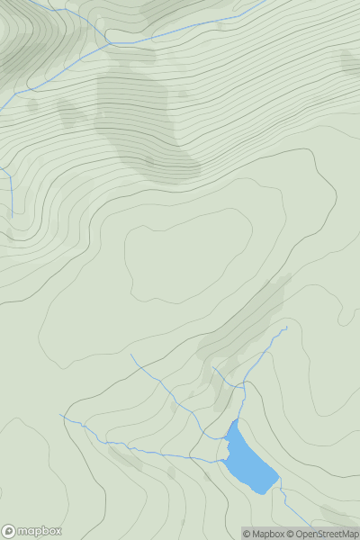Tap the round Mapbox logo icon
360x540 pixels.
pos(10,531)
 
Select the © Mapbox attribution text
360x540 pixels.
pos(263,534)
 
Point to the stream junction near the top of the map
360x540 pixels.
pos(109,43)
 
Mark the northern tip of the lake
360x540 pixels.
pos(236,420)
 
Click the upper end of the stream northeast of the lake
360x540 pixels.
pos(286,327)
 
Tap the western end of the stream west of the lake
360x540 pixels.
pos(61,416)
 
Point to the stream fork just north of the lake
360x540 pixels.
pos(244,386)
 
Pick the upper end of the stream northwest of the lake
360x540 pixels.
pos(131,355)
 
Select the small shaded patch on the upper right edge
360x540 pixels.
pos(349,61)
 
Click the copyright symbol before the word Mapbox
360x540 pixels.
pos(247,534)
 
